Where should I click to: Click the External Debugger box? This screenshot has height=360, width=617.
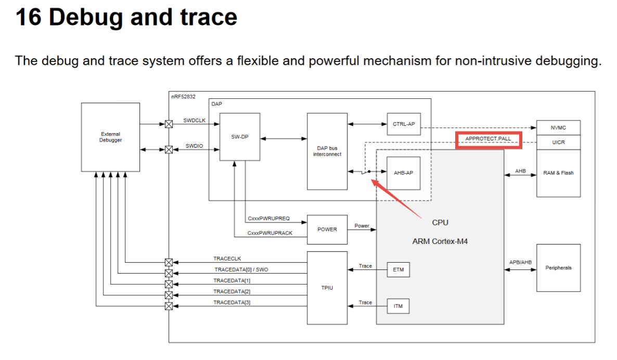pos(110,137)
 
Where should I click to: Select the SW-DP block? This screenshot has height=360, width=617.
pos(239,137)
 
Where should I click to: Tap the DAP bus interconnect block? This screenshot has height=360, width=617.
pos(327,151)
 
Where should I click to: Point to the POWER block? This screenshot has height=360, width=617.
pos(327,229)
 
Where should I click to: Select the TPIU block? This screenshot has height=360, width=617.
pos(327,288)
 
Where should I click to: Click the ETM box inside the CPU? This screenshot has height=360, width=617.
pos(398,269)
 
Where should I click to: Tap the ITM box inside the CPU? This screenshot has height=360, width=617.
pos(398,306)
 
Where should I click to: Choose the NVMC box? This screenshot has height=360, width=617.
pos(558,127)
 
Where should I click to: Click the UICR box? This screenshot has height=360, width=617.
pos(558,142)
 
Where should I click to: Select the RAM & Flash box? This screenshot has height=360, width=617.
pos(558,173)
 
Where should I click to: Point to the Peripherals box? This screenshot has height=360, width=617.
pos(558,267)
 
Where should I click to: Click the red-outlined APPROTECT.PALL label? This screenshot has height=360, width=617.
pos(488,139)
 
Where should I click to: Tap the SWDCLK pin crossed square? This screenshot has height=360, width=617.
pos(169,124)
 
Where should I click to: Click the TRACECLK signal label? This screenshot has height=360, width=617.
pos(227,259)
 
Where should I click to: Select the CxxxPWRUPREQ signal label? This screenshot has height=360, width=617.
pos(268,218)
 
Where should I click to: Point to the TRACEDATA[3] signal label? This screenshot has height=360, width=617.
pos(232,302)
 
